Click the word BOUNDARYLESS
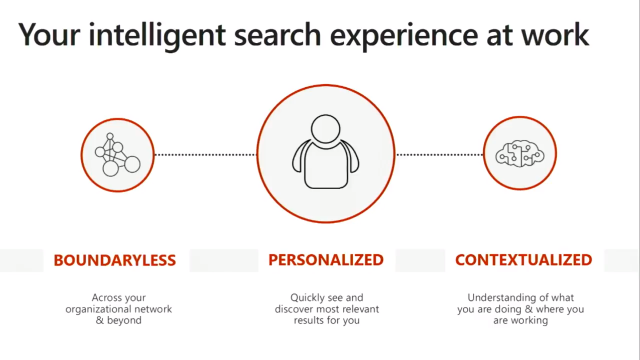click(x=115, y=260)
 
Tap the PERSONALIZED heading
click(x=326, y=260)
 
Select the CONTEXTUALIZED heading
click(x=524, y=260)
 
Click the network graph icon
click(x=118, y=154)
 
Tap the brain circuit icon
click(x=520, y=153)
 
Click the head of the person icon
click(x=326, y=129)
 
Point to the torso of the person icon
click(x=326, y=166)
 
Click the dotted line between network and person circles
click(x=206, y=155)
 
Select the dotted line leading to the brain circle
click(x=440, y=155)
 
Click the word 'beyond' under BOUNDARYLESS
click(x=124, y=320)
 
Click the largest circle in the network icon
click(x=110, y=168)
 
